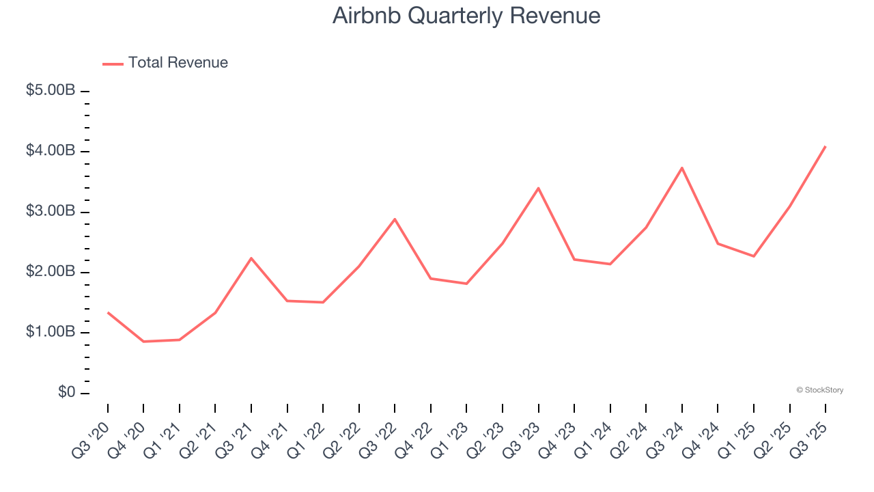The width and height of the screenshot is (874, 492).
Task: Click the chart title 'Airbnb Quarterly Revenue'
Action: point(466,16)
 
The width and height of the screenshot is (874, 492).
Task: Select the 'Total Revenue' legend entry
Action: point(178,63)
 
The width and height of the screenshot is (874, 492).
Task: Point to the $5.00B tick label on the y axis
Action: point(51,90)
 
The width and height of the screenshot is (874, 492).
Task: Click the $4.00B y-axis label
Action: point(51,151)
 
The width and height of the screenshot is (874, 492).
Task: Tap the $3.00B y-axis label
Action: point(51,211)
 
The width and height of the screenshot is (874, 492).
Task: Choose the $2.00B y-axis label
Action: point(51,272)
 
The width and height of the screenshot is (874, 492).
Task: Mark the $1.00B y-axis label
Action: point(51,332)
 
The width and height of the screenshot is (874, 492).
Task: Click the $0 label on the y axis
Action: point(66,393)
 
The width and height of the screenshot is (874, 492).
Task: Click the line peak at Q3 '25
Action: point(826,146)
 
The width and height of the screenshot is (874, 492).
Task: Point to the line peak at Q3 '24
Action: point(682,167)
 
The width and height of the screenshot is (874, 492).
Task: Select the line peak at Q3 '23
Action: point(539,188)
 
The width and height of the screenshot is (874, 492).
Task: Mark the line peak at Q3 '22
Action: point(395,219)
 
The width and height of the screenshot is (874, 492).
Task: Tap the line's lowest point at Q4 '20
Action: point(143,341)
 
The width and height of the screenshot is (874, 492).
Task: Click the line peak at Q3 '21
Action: point(251,258)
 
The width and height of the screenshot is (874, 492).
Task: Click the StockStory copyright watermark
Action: point(819,390)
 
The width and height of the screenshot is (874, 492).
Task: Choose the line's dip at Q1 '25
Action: point(754,256)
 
